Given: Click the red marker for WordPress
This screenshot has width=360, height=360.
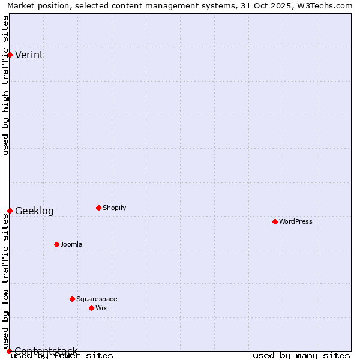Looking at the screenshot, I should (x=275, y=221).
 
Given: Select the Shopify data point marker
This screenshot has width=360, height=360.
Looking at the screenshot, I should (x=98, y=208).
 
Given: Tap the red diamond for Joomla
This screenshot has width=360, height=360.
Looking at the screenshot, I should (x=56, y=244).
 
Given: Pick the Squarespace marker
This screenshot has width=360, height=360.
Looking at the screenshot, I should (x=72, y=299).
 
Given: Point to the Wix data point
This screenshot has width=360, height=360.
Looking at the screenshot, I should (x=91, y=308).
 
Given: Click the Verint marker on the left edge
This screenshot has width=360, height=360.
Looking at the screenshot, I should (x=10, y=55).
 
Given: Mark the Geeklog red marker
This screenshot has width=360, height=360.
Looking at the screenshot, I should (x=10, y=211).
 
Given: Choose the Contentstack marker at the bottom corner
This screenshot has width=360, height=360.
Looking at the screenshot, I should (x=9, y=351).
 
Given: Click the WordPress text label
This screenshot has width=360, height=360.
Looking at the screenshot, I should (x=296, y=222).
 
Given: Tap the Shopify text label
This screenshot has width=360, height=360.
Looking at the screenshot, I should (x=114, y=208).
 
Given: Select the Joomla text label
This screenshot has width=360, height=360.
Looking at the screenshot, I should (x=71, y=245).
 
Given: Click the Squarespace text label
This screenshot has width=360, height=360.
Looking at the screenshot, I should (x=97, y=299).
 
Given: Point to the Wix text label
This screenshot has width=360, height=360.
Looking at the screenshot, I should (x=101, y=308).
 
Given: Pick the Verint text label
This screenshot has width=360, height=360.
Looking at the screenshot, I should (x=29, y=55).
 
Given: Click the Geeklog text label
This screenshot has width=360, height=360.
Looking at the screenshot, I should (x=34, y=211).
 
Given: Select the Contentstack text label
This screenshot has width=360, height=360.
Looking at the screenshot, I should (x=46, y=351).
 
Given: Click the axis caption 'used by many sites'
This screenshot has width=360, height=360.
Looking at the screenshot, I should (x=301, y=356).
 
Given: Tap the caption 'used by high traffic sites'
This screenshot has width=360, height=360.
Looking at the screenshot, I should (x=5, y=85).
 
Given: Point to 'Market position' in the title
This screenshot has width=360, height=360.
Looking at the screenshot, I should (x=36, y=6).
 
